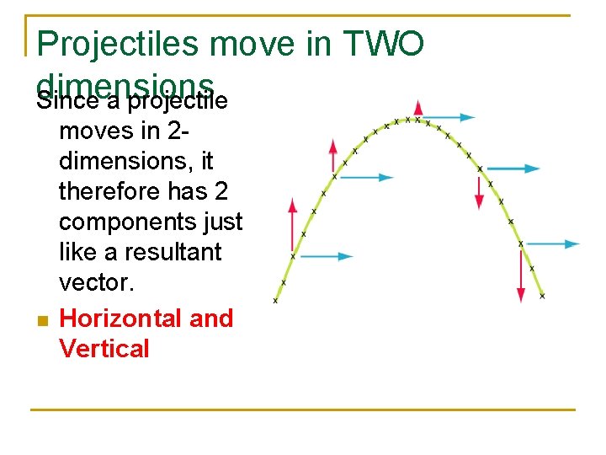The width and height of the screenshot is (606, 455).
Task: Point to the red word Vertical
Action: [x=104, y=348]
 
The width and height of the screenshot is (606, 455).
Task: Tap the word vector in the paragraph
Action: [x=96, y=282]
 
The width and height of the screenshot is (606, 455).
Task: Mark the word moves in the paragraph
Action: [x=98, y=131]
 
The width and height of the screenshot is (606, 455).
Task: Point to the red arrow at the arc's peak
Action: [x=418, y=108]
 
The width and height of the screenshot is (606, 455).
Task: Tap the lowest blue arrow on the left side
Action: [x=323, y=256]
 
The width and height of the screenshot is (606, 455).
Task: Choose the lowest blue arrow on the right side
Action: [x=550, y=244]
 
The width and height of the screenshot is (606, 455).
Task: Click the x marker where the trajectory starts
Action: [x=275, y=300]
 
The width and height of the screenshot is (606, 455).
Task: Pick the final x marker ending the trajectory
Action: [x=542, y=296]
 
